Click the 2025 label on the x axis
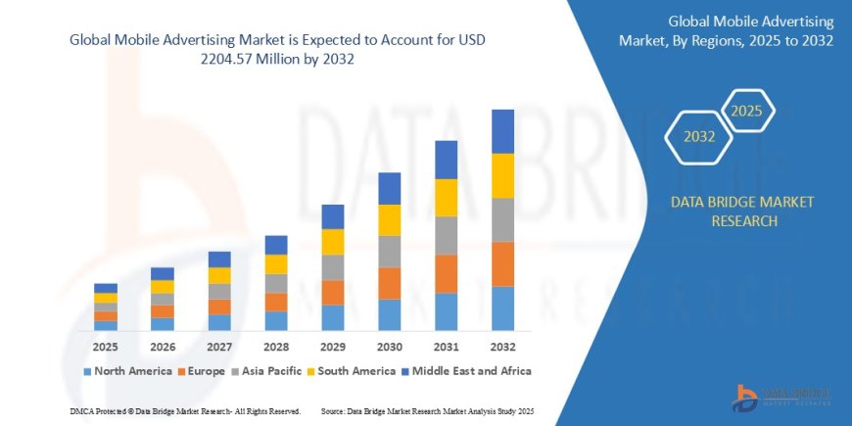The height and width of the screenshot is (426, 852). pos(105,347)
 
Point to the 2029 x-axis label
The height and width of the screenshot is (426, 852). pos(333,347)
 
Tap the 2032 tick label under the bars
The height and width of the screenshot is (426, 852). pos(502,347)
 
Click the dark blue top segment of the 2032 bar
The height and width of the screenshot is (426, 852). pos(502,131)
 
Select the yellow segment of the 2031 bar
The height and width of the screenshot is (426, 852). pos(446,198)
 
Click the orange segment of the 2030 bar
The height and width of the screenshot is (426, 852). pos(390,283)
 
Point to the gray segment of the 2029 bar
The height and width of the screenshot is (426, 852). pos(333,267)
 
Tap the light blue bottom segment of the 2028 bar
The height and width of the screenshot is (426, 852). pos(276,320)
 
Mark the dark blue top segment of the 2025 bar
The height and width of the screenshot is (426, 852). pos(105,288)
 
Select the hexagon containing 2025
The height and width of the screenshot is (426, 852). pos(747,109)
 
